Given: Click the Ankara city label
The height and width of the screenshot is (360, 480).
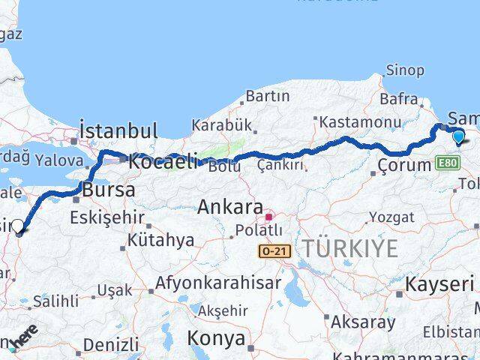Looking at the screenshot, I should point(230,208).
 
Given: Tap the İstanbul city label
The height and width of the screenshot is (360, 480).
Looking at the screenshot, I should point(118,130).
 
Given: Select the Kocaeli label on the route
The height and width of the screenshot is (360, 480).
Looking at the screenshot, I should point(163,160).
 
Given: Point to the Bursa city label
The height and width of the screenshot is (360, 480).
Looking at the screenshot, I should point(109,190).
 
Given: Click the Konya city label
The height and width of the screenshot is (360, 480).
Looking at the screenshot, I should point(216,338).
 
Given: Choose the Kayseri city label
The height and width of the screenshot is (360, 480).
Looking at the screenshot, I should point(439,284).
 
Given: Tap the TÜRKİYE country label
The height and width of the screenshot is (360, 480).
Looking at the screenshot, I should point(350,249).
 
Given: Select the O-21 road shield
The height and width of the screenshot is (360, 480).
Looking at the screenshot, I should point(275,252).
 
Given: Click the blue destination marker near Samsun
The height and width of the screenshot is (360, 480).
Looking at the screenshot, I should point(457,136).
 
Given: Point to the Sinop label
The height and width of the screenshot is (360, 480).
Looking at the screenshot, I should point(405,70).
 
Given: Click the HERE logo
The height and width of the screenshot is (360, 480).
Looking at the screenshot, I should point(22,340).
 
